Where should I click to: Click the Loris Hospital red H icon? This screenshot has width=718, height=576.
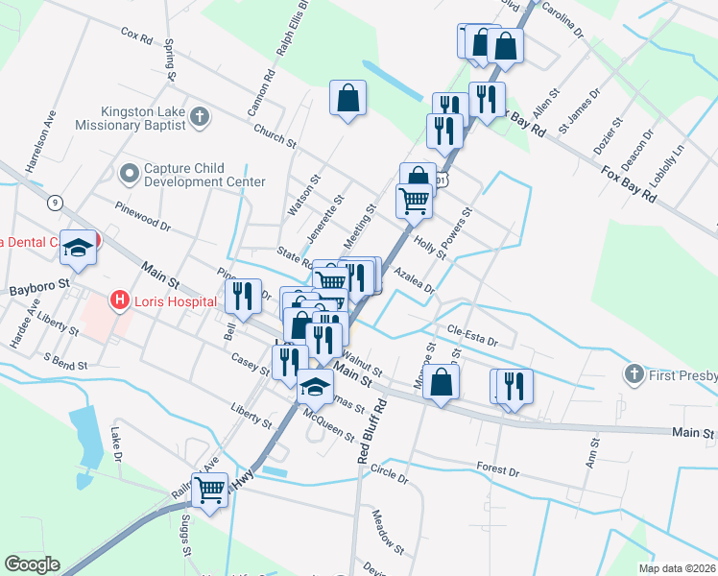click(x=120, y=300)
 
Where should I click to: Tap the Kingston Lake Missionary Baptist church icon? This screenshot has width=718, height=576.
click(x=200, y=117)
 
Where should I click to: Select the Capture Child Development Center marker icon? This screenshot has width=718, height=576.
click(x=129, y=174)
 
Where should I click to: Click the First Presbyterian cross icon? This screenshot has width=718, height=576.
click(x=633, y=372)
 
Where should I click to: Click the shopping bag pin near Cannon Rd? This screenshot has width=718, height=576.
click(x=347, y=98)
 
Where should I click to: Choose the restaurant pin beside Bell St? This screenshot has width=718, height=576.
click(x=242, y=296)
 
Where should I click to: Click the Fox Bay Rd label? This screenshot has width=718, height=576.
click(x=629, y=181)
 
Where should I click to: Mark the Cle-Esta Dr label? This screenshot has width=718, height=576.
click(x=473, y=335)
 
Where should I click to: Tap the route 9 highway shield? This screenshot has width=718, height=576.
click(x=56, y=203)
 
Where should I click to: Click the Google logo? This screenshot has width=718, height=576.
click(x=32, y=564)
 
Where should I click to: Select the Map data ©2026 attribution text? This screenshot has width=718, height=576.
click(x=677, y=568)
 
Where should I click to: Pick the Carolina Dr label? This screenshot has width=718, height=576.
click(x=562, y=17)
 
